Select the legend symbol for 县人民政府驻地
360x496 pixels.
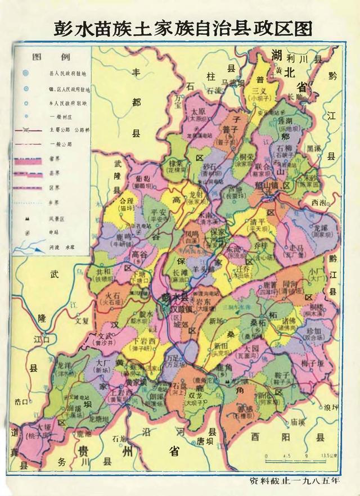[x=25, y=74]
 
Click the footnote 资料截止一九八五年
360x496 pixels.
[x=296, y=481]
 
